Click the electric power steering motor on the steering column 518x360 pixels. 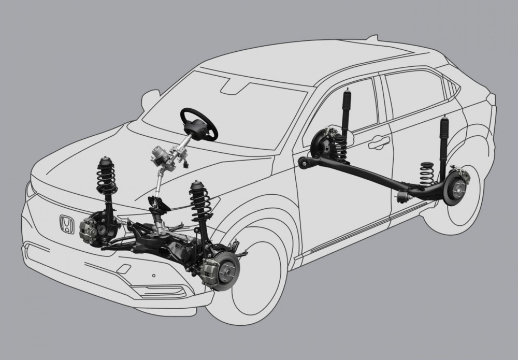[160, 155]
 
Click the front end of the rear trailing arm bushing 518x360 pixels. [304, 164]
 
